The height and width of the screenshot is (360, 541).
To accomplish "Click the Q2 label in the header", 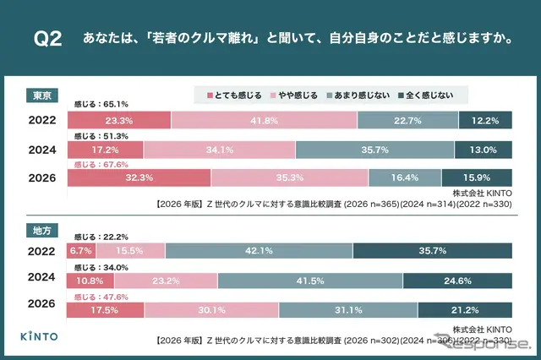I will pos(47,41).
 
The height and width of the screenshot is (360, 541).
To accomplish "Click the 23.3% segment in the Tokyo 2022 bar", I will pos(119,121).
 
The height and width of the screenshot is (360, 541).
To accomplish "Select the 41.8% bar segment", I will pos(264,121).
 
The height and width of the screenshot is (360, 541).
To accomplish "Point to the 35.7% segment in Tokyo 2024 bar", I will pos(375,150).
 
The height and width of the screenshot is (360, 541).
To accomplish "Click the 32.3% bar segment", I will pos(139,177).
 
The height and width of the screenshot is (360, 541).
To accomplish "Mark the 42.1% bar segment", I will pos(259,251).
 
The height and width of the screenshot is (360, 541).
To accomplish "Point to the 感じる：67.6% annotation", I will pos(101,165).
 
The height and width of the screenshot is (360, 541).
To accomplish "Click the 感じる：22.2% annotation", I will pos(101,238).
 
